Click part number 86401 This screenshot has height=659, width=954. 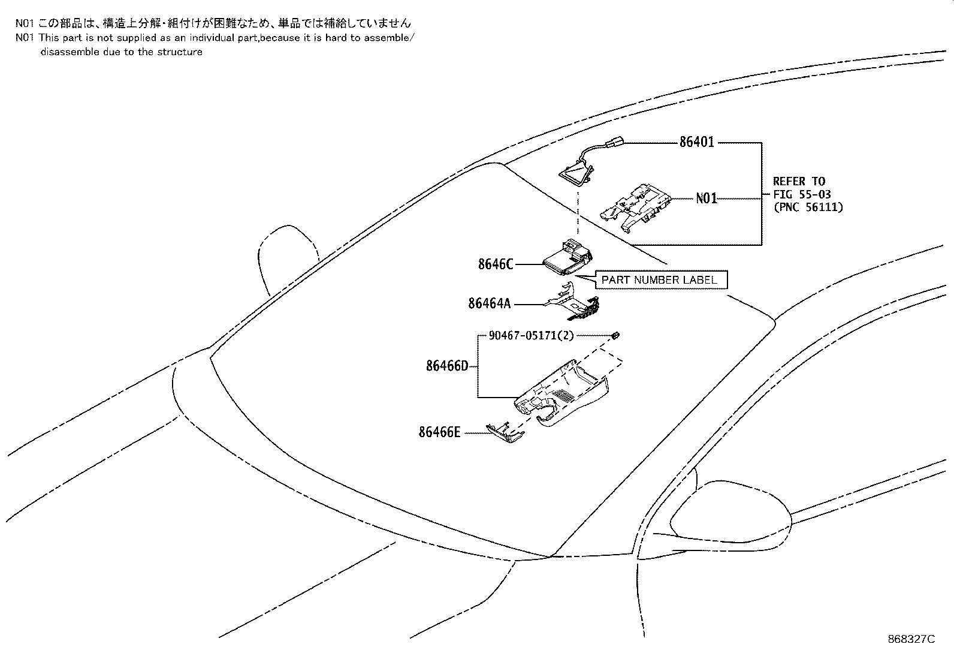[x=696, y=143]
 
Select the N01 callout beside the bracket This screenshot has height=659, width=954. [x=706, y=198]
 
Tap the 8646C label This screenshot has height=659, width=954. [x=496, y=264]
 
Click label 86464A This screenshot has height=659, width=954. [x=490, y=304]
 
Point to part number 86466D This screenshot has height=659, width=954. [x=446, y=365]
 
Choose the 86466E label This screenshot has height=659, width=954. [x=439, y=432]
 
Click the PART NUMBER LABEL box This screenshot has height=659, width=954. [x=659, y=280]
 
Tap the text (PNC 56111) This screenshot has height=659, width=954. [x=808, y=207]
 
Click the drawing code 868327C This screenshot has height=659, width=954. [x=911, y=639]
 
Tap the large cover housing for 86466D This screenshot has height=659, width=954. [x=563, y=396]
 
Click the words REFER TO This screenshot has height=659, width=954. [x=799, y=182]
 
